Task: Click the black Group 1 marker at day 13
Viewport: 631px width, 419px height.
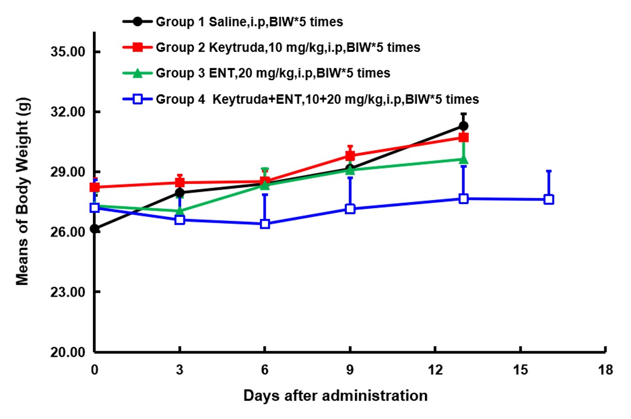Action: click(463, 126)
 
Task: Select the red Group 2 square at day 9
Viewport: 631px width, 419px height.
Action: click(350, 156)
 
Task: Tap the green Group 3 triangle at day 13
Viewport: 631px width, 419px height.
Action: click(463, 159)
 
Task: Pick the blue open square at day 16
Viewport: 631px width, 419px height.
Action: click(549, 199)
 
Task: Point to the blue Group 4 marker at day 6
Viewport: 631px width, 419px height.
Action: click(265, 224)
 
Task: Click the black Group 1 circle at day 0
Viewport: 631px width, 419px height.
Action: click(95, 229)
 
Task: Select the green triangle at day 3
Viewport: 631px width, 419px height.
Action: click(180, 210)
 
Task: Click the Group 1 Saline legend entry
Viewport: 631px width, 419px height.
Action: click(249, 22)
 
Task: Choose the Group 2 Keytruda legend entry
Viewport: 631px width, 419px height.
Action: click(288, 47)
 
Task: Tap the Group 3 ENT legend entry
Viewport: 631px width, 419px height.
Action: click(272, 73)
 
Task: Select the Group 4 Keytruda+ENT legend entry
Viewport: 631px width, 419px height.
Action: click(317, 99)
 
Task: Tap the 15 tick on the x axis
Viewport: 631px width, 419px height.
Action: click(521, 370)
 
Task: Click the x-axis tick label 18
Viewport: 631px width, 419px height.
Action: click(606, 370)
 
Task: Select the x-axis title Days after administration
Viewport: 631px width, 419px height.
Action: click(335, 396)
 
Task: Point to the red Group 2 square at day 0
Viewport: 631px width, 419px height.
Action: click(95, 187)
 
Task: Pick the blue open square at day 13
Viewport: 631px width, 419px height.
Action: click(463, 199)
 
